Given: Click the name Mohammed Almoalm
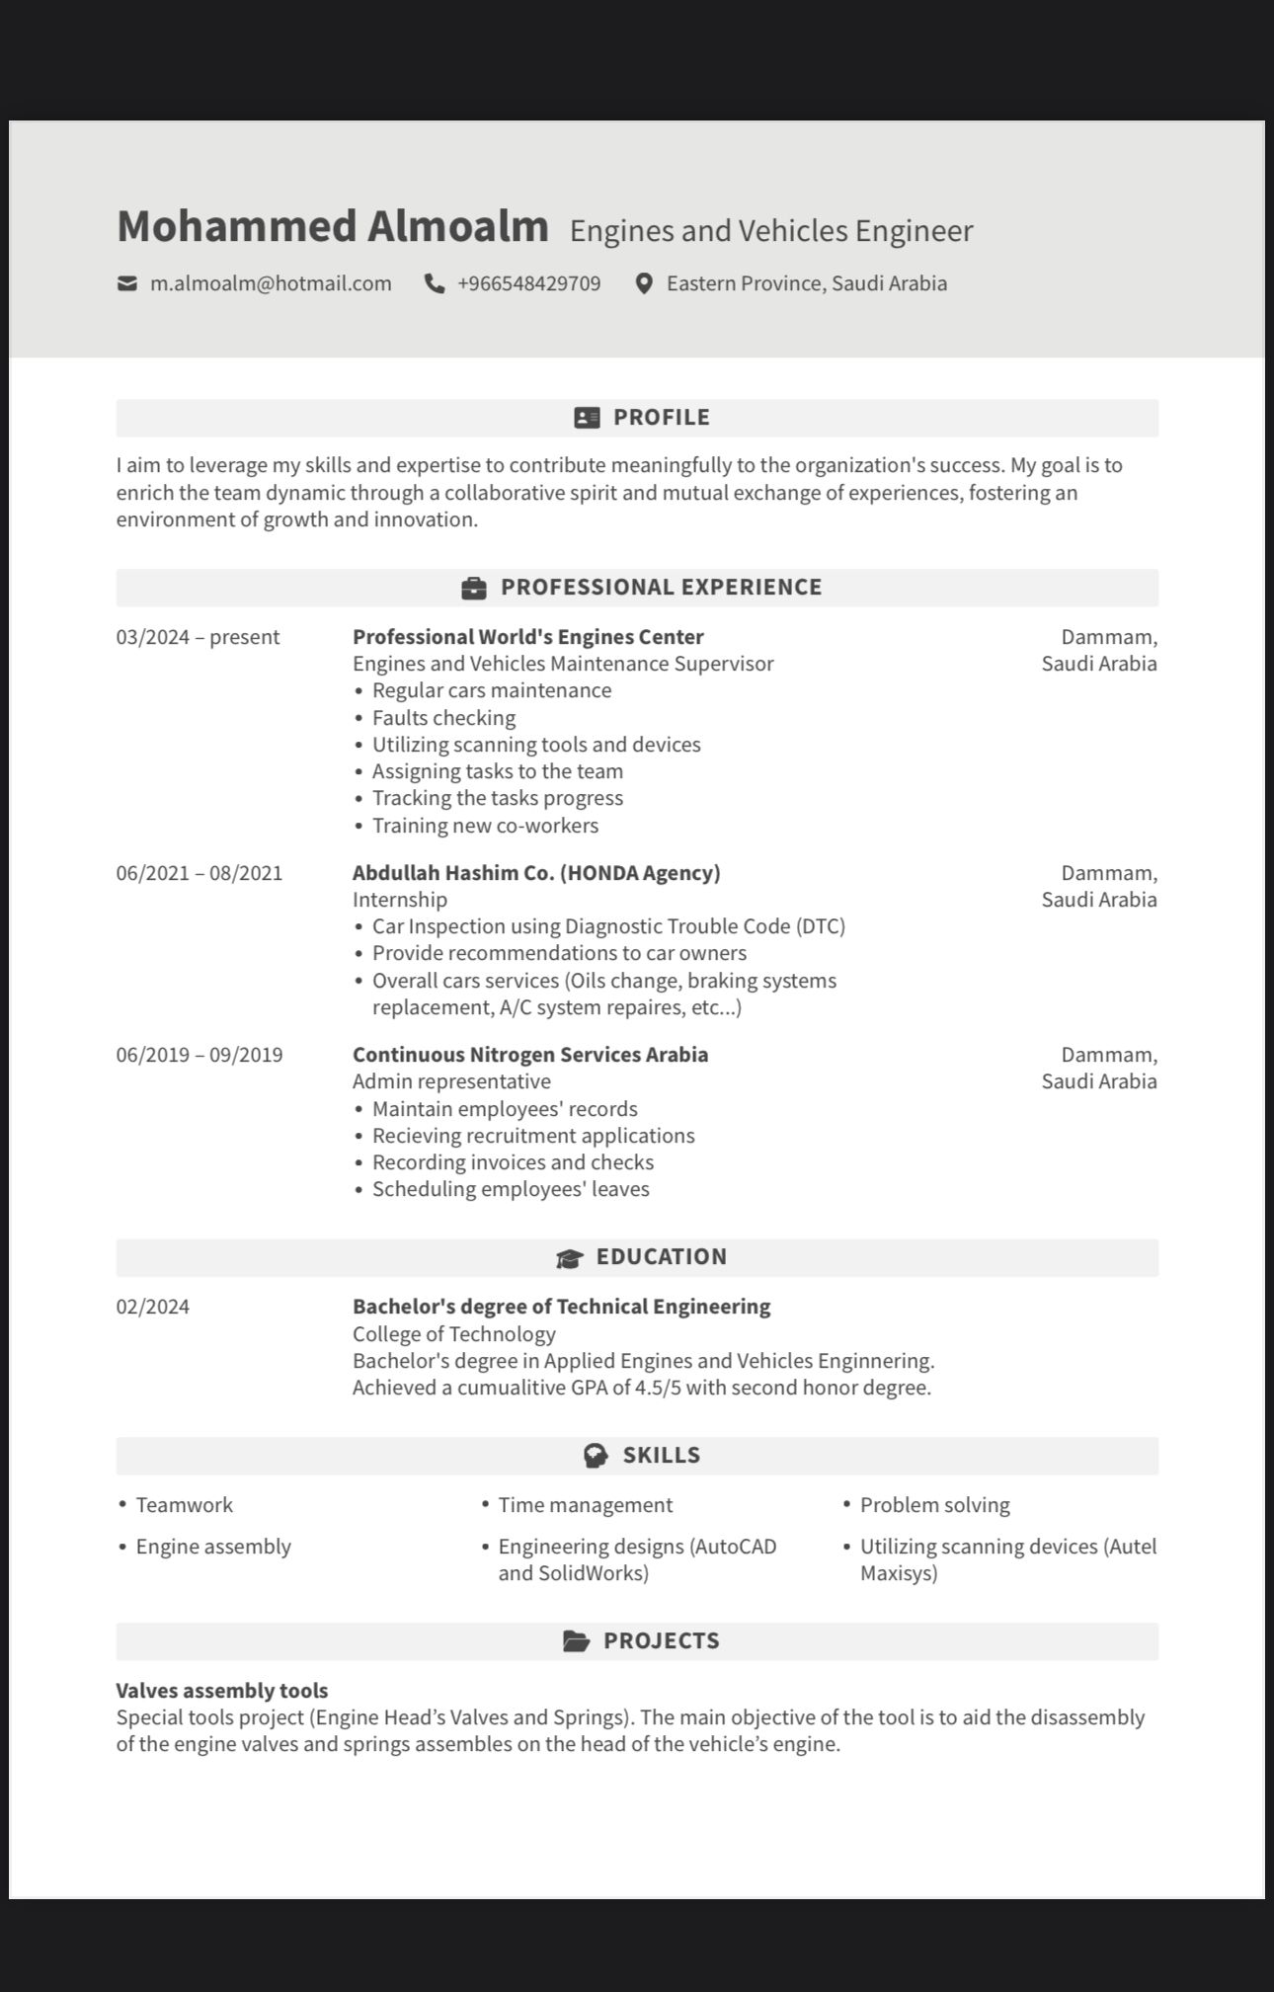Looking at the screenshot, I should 332,226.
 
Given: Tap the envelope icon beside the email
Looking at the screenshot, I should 127,284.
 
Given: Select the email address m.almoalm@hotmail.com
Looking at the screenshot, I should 271,284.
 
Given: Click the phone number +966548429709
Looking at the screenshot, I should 528,284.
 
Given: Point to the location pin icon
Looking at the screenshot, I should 644,284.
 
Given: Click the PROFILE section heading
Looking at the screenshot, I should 661,418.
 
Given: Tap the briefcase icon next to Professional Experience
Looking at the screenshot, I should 474,589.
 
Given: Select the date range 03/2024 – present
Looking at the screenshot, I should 198,637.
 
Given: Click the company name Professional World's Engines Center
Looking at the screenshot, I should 527,637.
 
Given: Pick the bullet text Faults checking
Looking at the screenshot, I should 443,718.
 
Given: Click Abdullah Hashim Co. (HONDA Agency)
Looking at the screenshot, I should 536,873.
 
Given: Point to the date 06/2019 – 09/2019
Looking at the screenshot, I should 199,1055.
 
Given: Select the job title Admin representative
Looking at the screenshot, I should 451,1081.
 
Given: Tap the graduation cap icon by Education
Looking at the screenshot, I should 570,1258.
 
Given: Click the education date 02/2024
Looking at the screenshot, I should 153,1307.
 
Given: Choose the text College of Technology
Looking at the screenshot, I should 453,1334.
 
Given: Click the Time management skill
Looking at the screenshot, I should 585,1505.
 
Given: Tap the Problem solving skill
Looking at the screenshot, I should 934,1505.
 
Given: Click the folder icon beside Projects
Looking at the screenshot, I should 576,1641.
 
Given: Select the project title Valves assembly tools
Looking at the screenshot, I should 222,1691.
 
